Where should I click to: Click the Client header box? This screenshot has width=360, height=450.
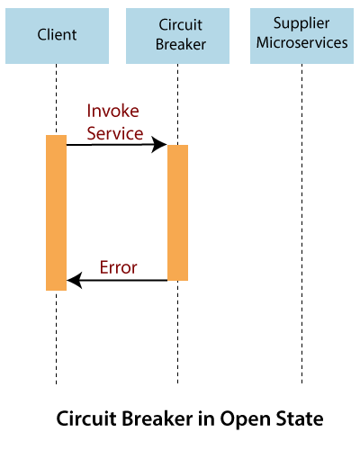coord(56,33)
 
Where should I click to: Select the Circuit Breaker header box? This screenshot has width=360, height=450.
coord(177,33)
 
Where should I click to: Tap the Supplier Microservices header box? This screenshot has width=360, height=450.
coord(301,33)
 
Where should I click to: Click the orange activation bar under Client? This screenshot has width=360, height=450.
coord(56,212)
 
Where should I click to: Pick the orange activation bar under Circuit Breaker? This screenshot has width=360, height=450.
coord(177,212)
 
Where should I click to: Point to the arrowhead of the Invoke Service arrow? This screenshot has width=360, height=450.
coord(162,144)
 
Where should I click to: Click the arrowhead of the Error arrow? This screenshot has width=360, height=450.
coord(73,281)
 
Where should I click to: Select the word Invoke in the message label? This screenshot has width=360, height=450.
coord(114,112)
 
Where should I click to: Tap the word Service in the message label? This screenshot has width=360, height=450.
coord(114,132)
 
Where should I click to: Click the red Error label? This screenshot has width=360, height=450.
coord(118,266)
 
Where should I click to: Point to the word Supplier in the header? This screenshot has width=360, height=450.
coord(301,24)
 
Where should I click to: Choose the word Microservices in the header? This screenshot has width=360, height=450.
coord(301,42)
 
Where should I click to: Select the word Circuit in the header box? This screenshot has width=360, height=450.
coord(177,24)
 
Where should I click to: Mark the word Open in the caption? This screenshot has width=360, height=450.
coord(242,419)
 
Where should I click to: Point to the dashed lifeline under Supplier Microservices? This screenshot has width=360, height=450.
coord(301,225)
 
